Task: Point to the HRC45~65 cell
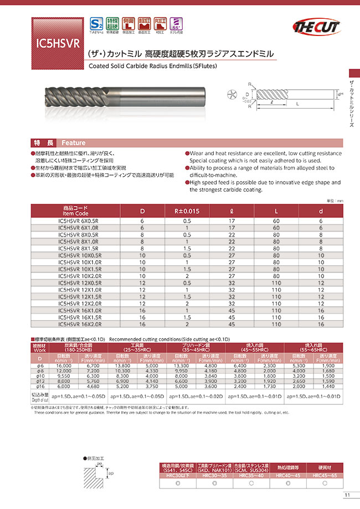pyautogui.click(x=321, y=475)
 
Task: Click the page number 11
pyautogui.click(x=347, y=495)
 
